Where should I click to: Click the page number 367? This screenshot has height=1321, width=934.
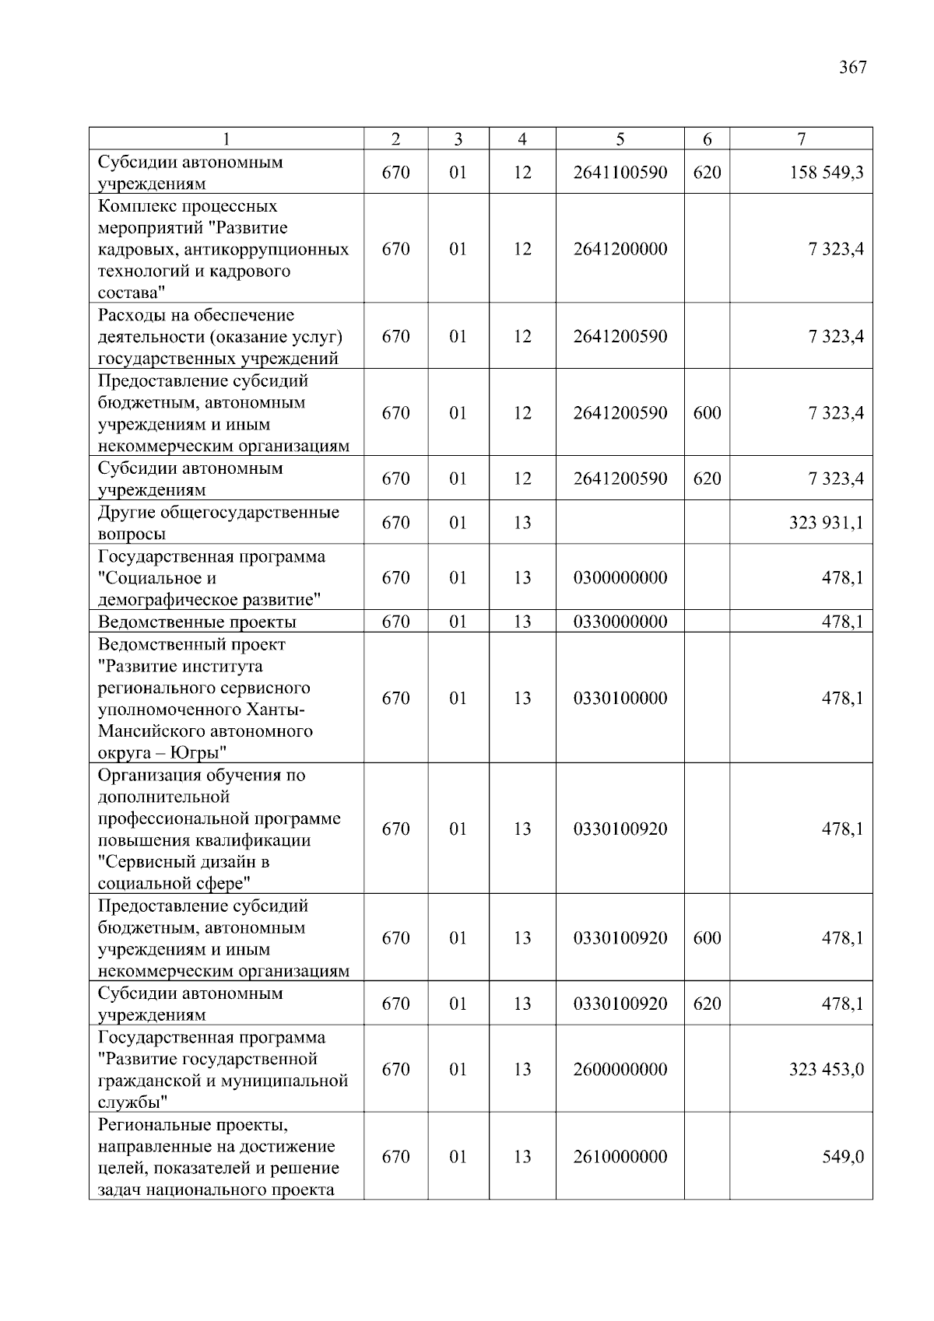pos(852,68)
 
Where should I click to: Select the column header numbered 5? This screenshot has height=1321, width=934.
pos(620,139)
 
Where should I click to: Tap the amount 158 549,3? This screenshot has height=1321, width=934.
pos(826,173)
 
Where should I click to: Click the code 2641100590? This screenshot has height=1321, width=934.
pos(620,173)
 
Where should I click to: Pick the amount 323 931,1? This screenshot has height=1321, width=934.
pos(826,523)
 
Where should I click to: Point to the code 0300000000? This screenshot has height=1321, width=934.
pos(620,578)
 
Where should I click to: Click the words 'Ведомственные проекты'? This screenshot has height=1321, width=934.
pos(197,622)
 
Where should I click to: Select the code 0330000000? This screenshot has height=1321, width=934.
pos(620,622)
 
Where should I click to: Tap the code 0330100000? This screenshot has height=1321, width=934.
pos(620,699)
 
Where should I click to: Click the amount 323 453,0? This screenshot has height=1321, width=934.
pos(826,1070)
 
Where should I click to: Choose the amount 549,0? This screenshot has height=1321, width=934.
pos(843,1157)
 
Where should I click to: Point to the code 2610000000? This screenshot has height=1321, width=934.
pos(620,1157)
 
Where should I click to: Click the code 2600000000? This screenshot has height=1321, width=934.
pos(620,1070)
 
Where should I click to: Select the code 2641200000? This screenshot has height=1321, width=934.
pos(620,250)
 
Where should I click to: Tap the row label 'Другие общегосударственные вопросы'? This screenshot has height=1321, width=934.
pos(218,523)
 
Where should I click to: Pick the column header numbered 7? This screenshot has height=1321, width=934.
pos(801,139)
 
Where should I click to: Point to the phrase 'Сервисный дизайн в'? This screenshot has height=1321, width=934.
pos(184,862)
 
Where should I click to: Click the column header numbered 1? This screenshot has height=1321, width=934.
pos(226,139)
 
